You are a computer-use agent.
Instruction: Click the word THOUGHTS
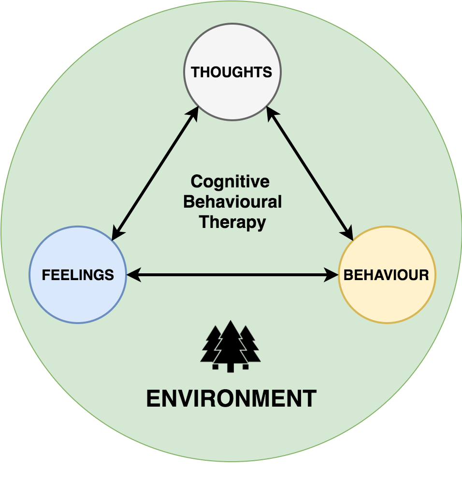[x=231, y=72]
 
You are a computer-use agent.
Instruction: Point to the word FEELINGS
[x=78, y=275]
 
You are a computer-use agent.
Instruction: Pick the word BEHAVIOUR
[x=386, y=275]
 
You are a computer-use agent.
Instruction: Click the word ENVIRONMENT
[x=231, y=399]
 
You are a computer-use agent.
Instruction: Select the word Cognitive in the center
[x=230, y=182]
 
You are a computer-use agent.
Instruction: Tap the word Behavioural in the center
[x=232, y=202]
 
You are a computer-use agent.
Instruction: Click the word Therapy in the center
[x=232, y=222]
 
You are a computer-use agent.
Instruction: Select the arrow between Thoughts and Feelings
[x=155, y=173]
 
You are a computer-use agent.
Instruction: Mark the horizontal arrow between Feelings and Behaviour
[x=232, y=276]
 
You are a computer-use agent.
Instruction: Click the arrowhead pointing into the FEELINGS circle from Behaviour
[x=132, y=276]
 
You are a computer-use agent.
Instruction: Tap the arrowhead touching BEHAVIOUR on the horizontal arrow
[x=333, y=276]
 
